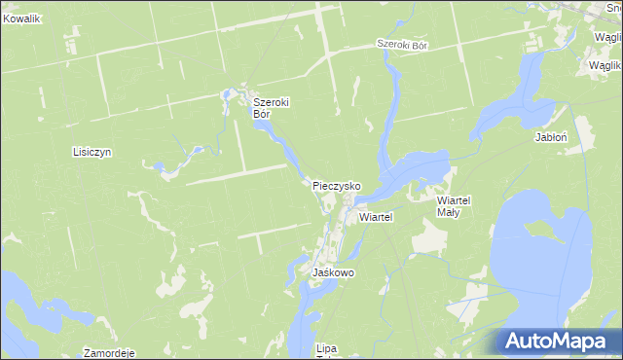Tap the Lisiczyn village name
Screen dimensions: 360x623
click(x=93, y=153)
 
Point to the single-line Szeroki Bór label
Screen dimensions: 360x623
click(x=403, y=46)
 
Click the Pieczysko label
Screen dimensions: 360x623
click(x=337, y=185)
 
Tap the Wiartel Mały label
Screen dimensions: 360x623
click(x=454, y=205)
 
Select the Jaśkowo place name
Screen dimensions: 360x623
click(x=333, y=273)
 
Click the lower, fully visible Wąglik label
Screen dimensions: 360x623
click(x=605, y=65)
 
